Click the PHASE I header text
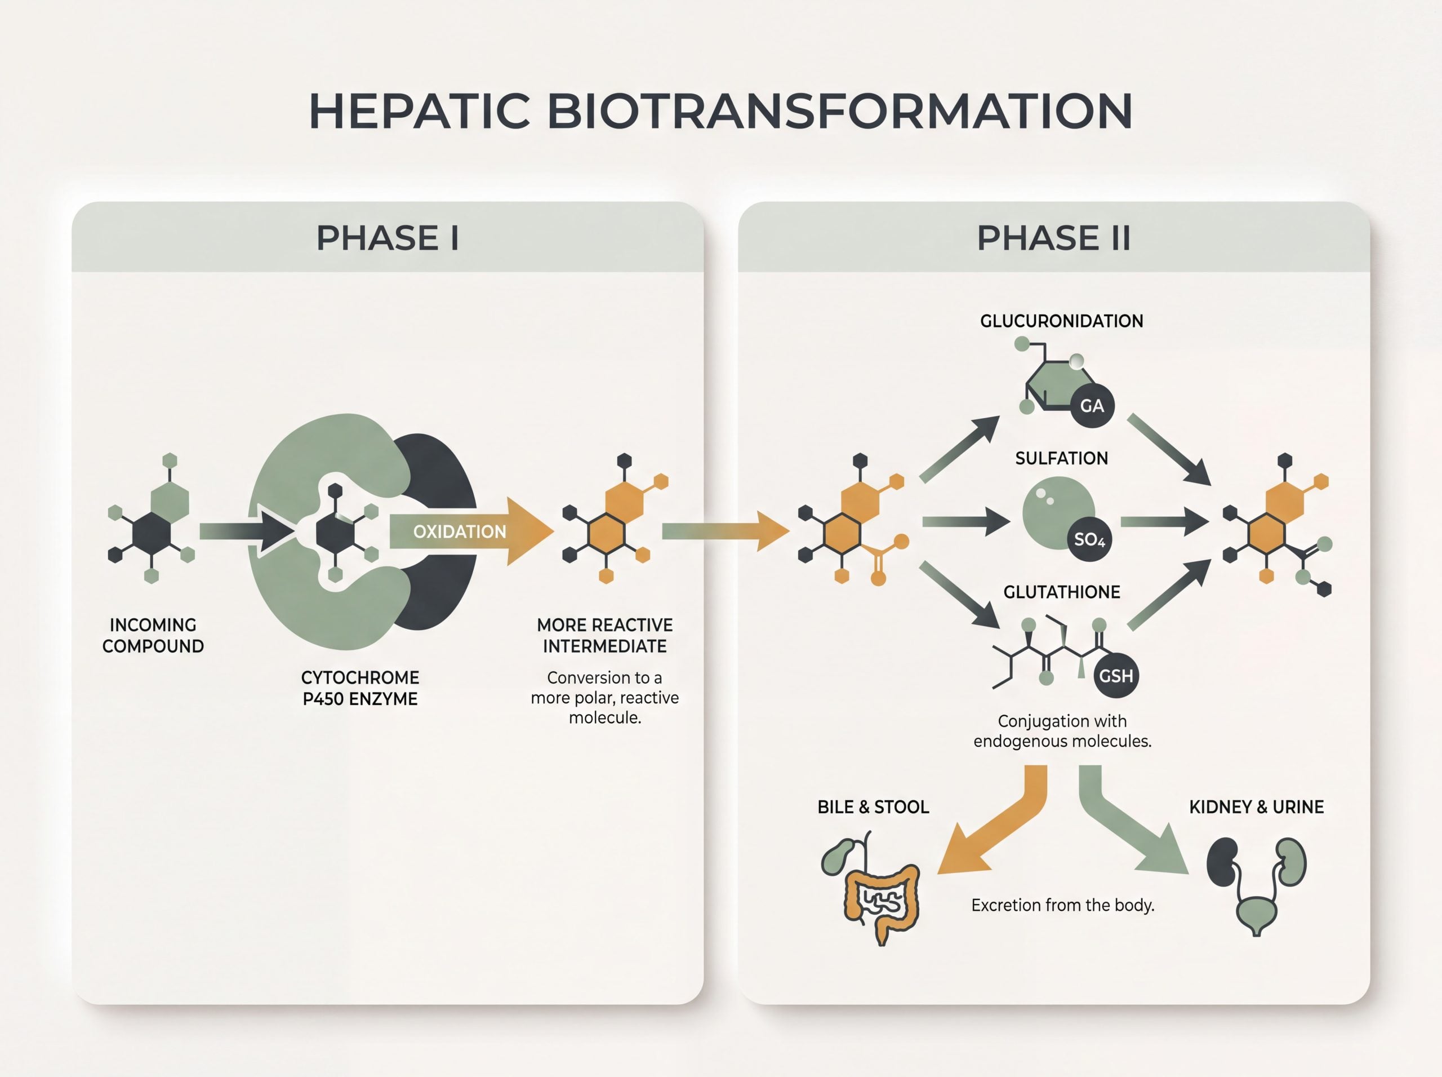coord(388,237)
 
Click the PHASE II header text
coord(1054,237)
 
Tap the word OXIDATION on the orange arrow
coord(460,531)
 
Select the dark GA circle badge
coord(1092,406)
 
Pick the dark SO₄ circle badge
coord(1089,539)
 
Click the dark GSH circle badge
coord(1116,675)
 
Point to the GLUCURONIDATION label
coord(1061,321)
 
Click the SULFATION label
coord(1061,458)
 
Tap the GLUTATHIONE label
coord(1061,592)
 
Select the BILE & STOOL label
coord(873,807)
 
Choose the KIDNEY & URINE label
coord(1256,807)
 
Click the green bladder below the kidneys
coord(1256,914)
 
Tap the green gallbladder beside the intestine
coord(836,856)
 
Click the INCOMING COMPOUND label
coord(153,636)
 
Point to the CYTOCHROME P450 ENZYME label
coord(360,688)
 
